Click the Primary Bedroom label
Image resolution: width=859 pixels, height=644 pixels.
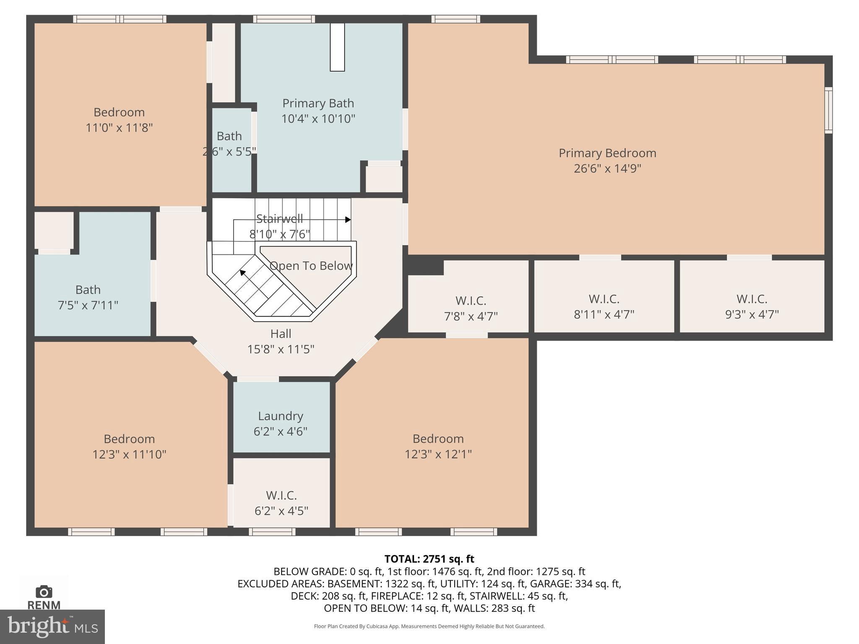pyautogui.click(x=607, y=153)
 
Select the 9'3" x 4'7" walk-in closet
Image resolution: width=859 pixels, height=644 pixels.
pyautogui.click(x=752, y=306)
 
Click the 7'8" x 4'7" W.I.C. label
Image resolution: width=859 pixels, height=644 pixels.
pyautogui.click(x=471, y=308)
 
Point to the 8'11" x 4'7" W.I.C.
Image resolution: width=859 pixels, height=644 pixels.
pyautogui.click(x=604, y=306)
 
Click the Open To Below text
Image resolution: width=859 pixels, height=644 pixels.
pyautogui.click(x=311, y=266)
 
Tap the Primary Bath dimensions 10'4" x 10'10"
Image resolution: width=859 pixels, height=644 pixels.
pyautogui.click(x=318, y=119)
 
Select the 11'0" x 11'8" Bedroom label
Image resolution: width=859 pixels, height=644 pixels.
pyautogui.click(x=119, y=119)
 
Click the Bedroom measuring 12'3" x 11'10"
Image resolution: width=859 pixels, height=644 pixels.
pyautogui.click(x=129, y=446)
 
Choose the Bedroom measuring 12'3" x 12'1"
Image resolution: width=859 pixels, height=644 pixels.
pyautogui.click(x=438, y=446)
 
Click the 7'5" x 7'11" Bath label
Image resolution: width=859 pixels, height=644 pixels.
pyautogui.click(x=88, y=297)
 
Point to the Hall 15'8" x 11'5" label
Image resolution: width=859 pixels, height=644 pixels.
pyautogui.click(x=281, y=341)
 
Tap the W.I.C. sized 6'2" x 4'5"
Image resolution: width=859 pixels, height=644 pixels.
pyautogui.click(x=281, y=503)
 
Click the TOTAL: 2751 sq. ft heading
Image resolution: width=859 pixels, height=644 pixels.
pyautogui.click(x=429, y=559)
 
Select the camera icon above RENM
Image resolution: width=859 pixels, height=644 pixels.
pyautogui.click(x=44, y=592)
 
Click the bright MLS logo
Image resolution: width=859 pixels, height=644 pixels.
pyautogui.click(x=52, y=626)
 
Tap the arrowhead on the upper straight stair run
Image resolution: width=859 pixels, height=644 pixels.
pyautogui.click(x=348, y=220)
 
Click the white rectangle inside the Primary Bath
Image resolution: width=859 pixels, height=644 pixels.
pyautogui.click(x=337, y=47)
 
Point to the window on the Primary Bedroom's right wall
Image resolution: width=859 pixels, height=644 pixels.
pyautogui.click(x=828, y=110)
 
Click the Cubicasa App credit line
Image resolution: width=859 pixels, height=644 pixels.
pyautogui.click(x=429, y=626)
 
